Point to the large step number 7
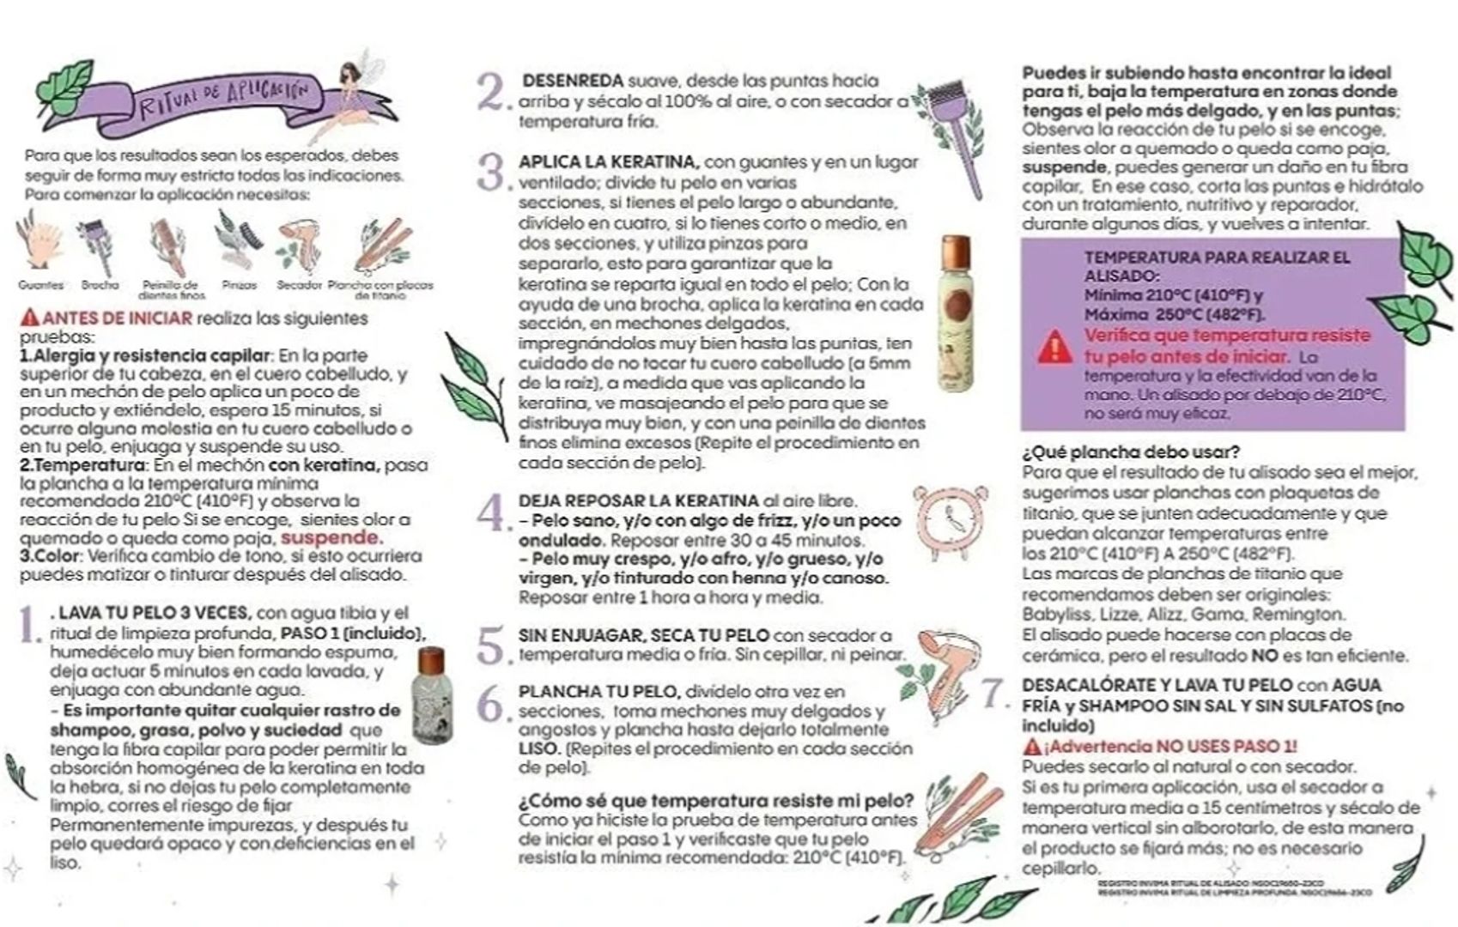993,693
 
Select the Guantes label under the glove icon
40,285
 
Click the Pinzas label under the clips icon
239,285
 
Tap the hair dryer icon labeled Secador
298,244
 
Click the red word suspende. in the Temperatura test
331,538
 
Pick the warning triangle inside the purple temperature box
1054,347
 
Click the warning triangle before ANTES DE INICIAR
30,318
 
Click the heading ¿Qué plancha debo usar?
1130,451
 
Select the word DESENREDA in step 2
572,81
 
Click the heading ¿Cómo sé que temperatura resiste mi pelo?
715,801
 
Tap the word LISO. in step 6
539,749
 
